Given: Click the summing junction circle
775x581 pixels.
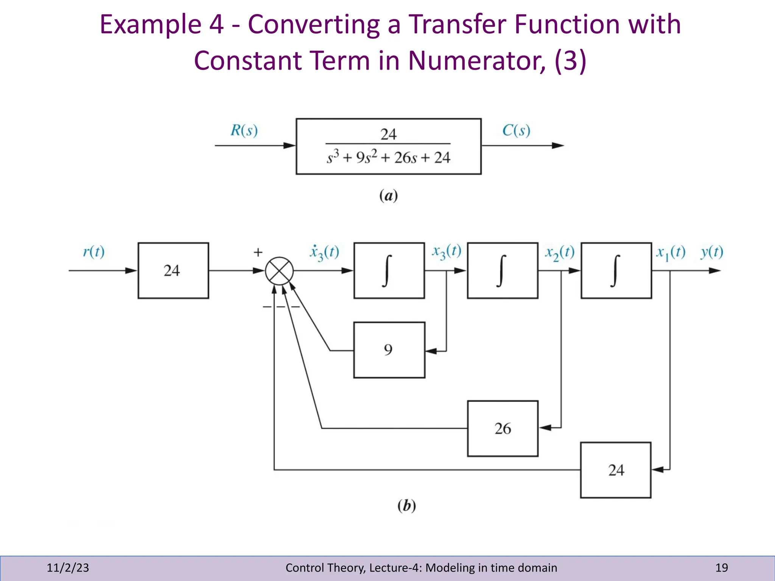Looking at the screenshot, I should coord(279,271).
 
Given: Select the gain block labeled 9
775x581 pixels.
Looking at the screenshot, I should coord(389,350).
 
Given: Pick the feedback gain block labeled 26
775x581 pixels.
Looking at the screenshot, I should coord(503,429).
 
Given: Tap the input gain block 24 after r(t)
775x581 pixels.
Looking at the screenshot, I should coord(173,271).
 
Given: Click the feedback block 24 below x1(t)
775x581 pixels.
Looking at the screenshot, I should coord(616,470).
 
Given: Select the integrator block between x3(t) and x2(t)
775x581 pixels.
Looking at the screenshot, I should coord(503,271).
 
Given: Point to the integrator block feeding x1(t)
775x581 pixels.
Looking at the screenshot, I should coord(616,271).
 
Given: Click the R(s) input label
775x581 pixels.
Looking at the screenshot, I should coord(244,130).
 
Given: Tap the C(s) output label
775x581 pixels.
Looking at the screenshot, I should coord(516,130).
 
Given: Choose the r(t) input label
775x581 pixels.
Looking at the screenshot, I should coord(93,252).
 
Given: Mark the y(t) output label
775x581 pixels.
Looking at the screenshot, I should coord(712,252).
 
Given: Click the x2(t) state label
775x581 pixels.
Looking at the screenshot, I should coord(560,252).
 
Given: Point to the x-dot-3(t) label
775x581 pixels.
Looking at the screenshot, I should coord(324,252).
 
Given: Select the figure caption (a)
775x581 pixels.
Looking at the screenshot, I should coord(388,196).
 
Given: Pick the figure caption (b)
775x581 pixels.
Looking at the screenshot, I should coord(406,505).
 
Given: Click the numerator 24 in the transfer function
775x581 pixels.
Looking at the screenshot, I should coord(388,134).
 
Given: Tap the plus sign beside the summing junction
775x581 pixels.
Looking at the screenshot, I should coord(258,252).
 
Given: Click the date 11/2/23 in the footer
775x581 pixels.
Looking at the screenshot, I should coord(68,568).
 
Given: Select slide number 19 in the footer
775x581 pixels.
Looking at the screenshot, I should coord(722,568).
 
